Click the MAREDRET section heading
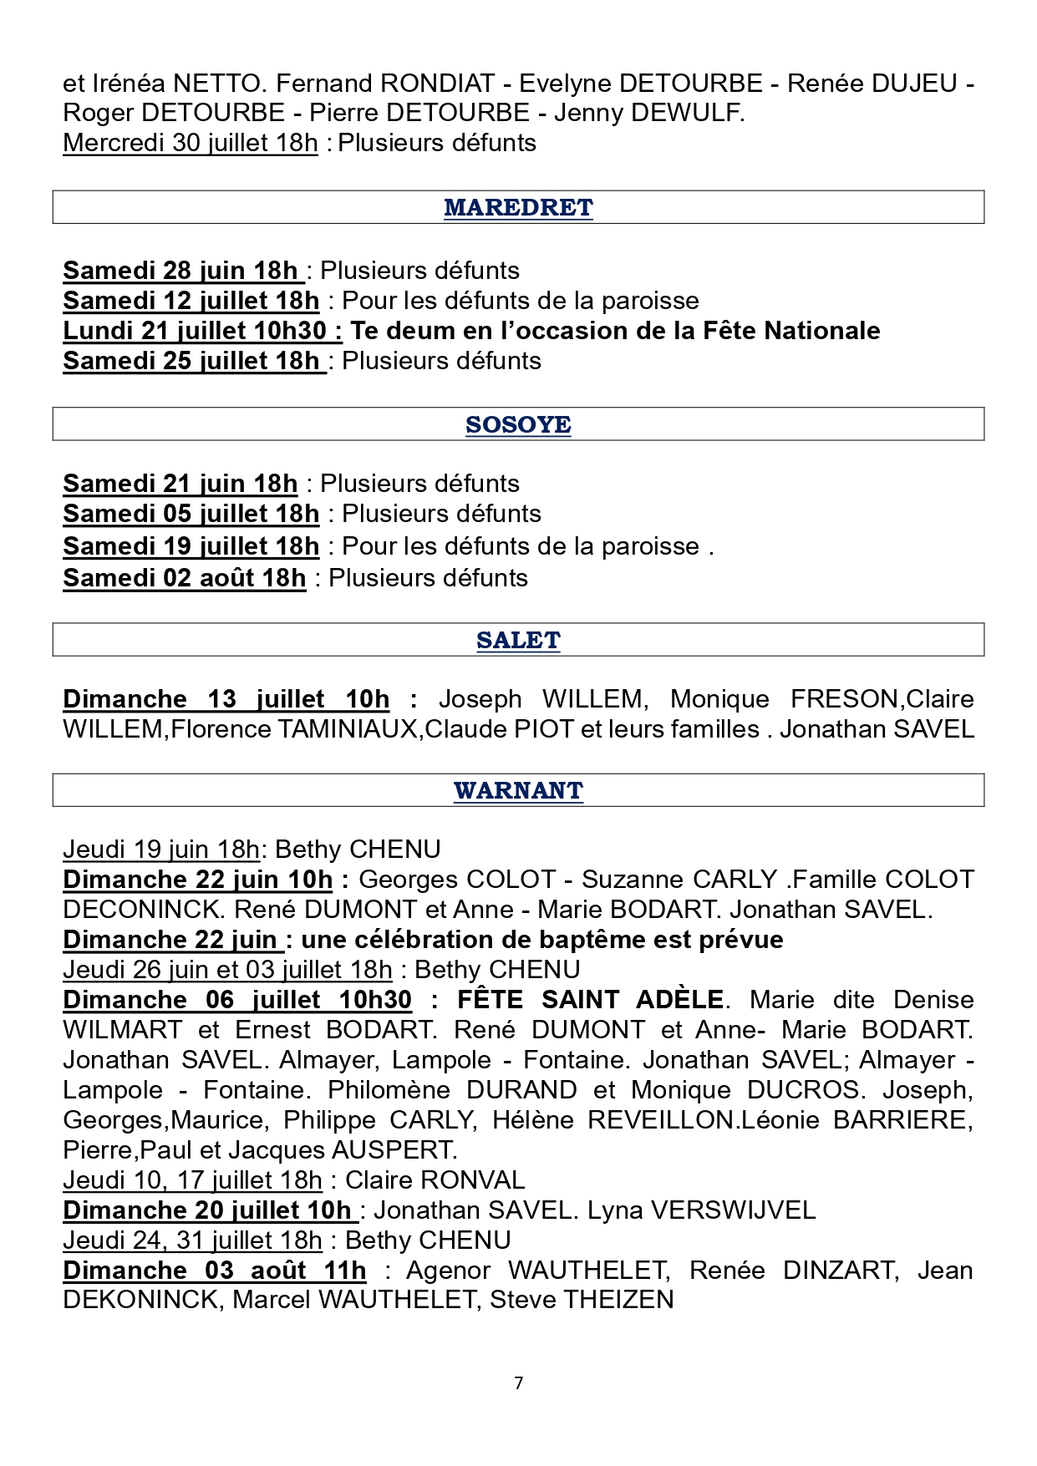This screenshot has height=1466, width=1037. coord(518,207)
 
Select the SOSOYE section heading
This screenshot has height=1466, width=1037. coord(518,424)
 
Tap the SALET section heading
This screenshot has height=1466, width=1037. coord(518,640)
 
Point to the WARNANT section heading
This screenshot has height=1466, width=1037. coord(518,790)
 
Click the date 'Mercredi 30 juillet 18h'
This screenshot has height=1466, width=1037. coord(191,143)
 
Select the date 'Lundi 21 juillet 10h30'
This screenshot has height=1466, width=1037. coord(201,331)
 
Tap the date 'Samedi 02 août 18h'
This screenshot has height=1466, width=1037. coord(185,578)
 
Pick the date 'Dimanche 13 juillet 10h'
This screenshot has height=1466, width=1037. coord(226,699)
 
